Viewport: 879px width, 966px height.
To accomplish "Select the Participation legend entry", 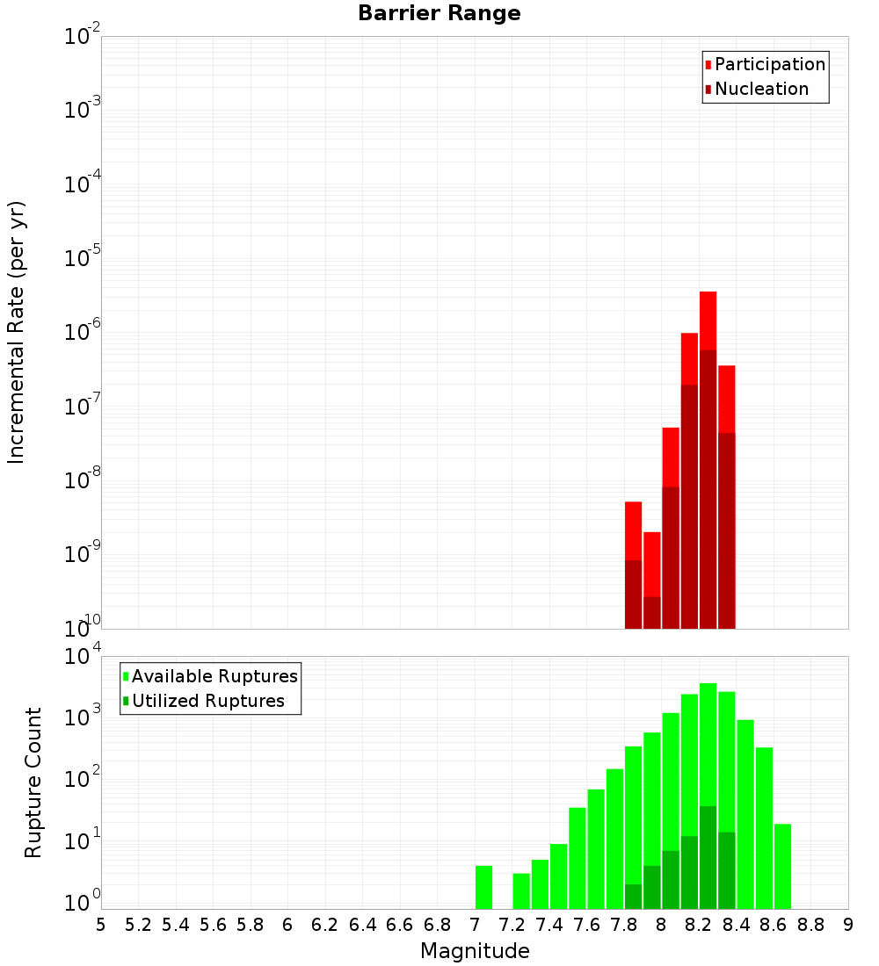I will tap(769, 65).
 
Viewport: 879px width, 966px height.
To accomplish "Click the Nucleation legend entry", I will tap(760, 90).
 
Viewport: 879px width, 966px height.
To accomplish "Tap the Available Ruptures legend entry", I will tap(214, 676).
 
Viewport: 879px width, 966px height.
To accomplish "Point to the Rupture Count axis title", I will tap(33, 782).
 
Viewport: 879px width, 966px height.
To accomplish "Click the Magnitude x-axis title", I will tap(475, 951).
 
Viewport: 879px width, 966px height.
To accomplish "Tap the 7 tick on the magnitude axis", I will tap(475, 924).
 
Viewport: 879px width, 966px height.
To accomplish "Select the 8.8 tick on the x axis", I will tap(810, 924).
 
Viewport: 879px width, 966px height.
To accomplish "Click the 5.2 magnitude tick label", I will tap(138, 924).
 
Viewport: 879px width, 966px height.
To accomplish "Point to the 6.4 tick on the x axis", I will tap(362, 924).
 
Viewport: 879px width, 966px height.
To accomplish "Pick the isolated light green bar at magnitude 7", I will tap(483, 887).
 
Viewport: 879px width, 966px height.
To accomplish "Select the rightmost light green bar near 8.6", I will tap(782, 866).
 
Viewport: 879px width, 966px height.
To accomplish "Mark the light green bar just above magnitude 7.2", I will tap(521, 890).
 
